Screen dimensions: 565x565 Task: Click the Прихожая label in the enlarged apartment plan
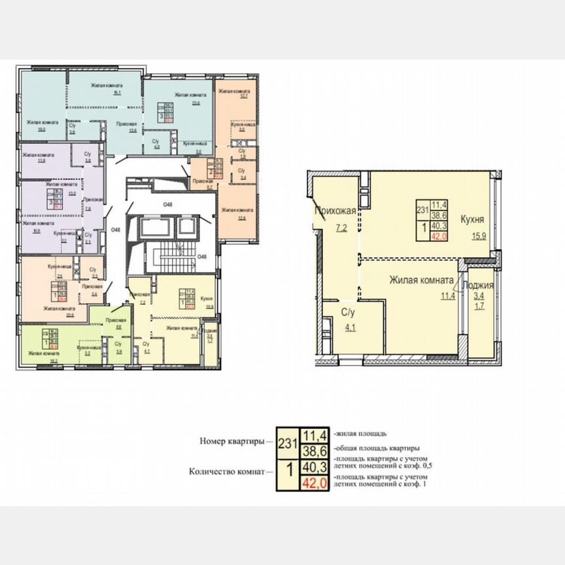point(335,211)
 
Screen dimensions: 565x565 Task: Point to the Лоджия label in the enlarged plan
point(477,285)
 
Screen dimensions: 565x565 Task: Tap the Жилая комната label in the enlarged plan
point(422,281)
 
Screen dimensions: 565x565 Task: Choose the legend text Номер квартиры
point(232,441)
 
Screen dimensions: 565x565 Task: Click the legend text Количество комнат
point(227,471)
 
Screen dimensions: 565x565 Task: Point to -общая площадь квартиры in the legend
point(376,449)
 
